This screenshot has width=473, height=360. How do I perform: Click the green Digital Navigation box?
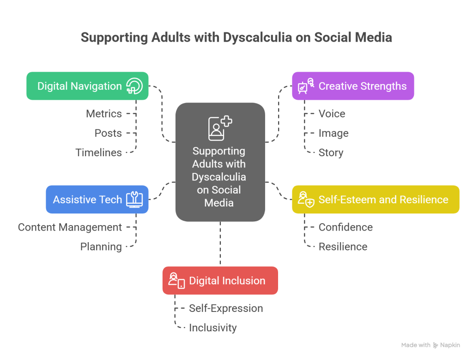(x=87, y=86)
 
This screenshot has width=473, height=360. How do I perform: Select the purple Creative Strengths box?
(x=353, y=86)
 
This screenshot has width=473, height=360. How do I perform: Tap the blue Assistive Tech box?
(x=97, y=200)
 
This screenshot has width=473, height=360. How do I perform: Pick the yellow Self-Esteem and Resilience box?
(x=376, y=200)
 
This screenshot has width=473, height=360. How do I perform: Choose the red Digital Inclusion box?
(x=220, y=281)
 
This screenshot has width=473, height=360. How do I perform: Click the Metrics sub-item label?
(x=104, y=114)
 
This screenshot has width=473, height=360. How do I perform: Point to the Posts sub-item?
(x=108, y=133)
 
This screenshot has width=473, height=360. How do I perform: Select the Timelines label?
(x=99, y=153)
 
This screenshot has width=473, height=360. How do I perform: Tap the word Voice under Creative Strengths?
(x=332, y=114)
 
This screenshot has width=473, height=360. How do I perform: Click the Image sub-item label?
(x=334, y=133)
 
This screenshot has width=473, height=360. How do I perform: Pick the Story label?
(x=331, y=153)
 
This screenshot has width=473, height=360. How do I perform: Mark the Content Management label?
(x=70, y=227)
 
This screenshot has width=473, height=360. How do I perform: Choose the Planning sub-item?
(x=101, y=247)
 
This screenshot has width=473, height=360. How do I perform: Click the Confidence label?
(x=346, y=227)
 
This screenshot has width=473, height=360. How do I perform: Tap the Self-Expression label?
(x=226, y=308)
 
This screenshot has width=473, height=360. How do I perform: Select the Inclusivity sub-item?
(x=213, y=328)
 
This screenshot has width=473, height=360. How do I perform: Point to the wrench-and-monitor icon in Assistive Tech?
(x=134, y=200)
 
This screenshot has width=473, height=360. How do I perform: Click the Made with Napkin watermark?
(x=431, y=345)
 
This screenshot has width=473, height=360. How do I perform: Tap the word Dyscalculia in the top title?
(x=257, y=37)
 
